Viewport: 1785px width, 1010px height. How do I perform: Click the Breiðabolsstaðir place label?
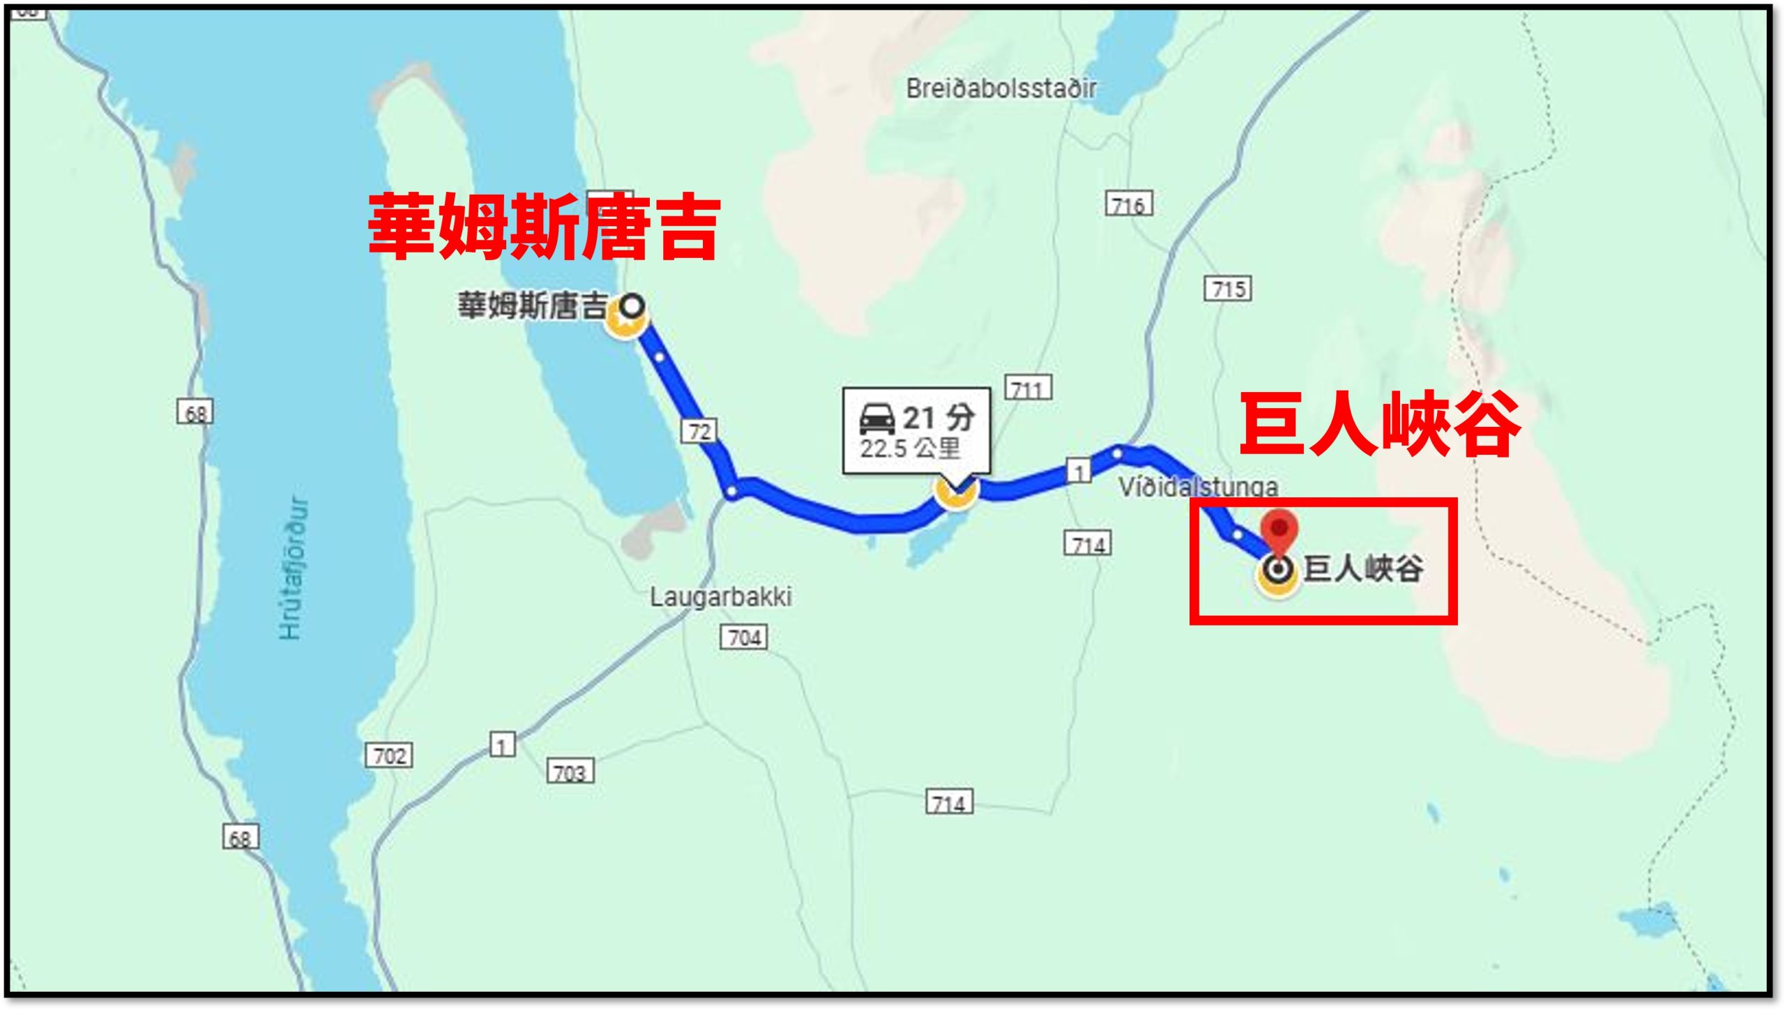[1001, 89]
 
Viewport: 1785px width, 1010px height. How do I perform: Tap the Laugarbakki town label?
[720, 597]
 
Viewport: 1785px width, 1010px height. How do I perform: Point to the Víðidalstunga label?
[1198, 486]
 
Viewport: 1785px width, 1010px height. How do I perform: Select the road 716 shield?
[1129, 204]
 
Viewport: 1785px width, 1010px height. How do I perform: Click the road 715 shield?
[1228, 289]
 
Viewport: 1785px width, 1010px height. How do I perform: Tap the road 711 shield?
[1028, 389]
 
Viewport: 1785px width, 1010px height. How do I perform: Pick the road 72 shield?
[699, 432]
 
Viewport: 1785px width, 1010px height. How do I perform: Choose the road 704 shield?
[744, 638]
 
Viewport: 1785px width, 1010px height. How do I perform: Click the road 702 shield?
[389, 755]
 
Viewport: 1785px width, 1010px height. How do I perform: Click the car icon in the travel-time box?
[876, 419]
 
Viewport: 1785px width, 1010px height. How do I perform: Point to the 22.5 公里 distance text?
[910, 449]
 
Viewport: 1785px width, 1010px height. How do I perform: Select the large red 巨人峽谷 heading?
[1379, 424]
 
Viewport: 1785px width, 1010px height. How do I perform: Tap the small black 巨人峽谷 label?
[1362, 568]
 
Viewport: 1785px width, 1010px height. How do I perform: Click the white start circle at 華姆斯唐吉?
[632, 306]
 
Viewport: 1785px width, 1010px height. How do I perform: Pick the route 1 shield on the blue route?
[1079, 472]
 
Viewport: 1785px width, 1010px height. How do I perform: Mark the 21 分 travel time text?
[939, 418]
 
